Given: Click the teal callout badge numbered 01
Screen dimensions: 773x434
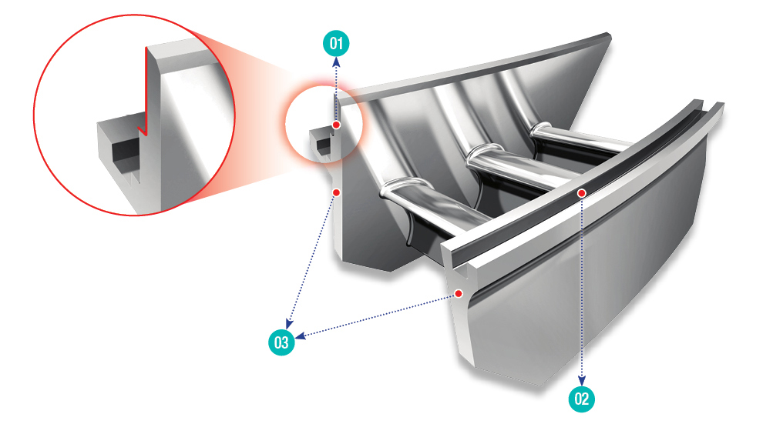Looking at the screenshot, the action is pyautogui.click(x=336, y=43).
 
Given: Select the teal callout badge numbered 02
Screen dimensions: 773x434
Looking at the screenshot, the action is pyautogui.click(x=582, y=399).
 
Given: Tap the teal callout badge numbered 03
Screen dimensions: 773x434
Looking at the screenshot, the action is pyautogui.click(x=281, y=342).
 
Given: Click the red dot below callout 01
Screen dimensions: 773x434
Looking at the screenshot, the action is pyautogui.click(x=336, y=125).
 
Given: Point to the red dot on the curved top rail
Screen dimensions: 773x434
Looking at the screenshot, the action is pyautogui.click(x=582, y=193).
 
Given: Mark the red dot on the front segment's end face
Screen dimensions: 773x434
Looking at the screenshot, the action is pyautogui.click(x=459, y=293).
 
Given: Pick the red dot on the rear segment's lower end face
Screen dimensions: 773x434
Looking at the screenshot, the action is pyautogui.click(x=336, y=192).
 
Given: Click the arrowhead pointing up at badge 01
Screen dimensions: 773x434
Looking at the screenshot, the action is pyautogui.click(x=336, y=62).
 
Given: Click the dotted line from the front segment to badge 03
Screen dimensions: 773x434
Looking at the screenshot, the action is pyautogui.click(x=380, y=315).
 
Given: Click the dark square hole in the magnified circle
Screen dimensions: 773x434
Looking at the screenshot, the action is pyautogui.click(x=126, y=149).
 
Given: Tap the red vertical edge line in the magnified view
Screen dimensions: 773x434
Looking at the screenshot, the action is pyautogui.click(x=146, y=91).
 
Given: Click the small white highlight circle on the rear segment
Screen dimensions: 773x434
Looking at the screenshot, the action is pyautogui.click(x=324, y=124).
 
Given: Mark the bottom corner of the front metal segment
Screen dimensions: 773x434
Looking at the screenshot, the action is pyautogui.click(x=539, y=386).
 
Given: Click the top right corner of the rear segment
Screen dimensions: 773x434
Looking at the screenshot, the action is pyautogui.click(x=610, y=35).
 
